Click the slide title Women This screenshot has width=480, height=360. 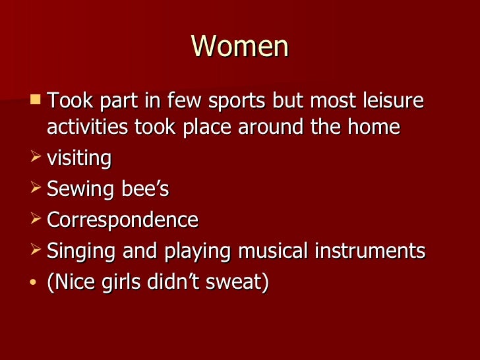pos(240,47)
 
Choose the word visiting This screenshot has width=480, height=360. pos(79,158)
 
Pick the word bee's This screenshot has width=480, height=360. pos(146,189)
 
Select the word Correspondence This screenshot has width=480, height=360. pos(123,220)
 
